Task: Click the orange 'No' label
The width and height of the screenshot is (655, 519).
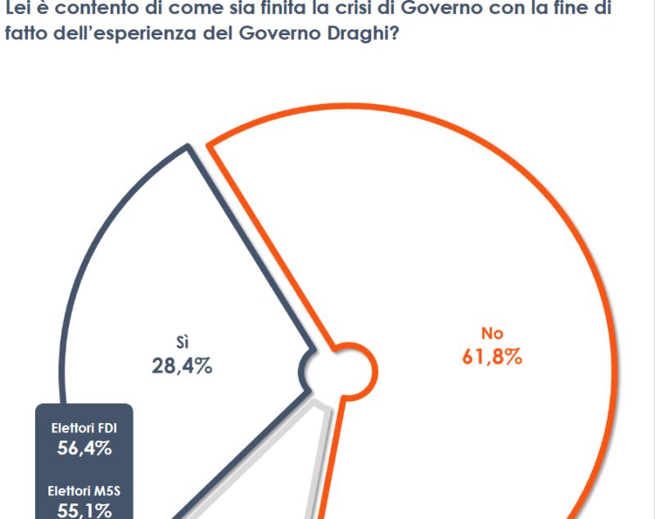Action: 491,333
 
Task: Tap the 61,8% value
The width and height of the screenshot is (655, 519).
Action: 491,357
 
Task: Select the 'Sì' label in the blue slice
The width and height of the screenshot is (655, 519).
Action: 183,341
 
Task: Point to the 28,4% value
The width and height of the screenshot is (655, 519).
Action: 182,366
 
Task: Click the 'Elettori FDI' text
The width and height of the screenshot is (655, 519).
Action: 84,428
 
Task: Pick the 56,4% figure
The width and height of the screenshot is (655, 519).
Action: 84,448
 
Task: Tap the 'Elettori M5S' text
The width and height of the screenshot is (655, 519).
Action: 84,492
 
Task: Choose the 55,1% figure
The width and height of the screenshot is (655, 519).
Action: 84,511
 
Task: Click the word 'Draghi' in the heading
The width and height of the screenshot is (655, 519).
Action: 356,38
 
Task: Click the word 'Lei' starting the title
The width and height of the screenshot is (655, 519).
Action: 17,12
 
